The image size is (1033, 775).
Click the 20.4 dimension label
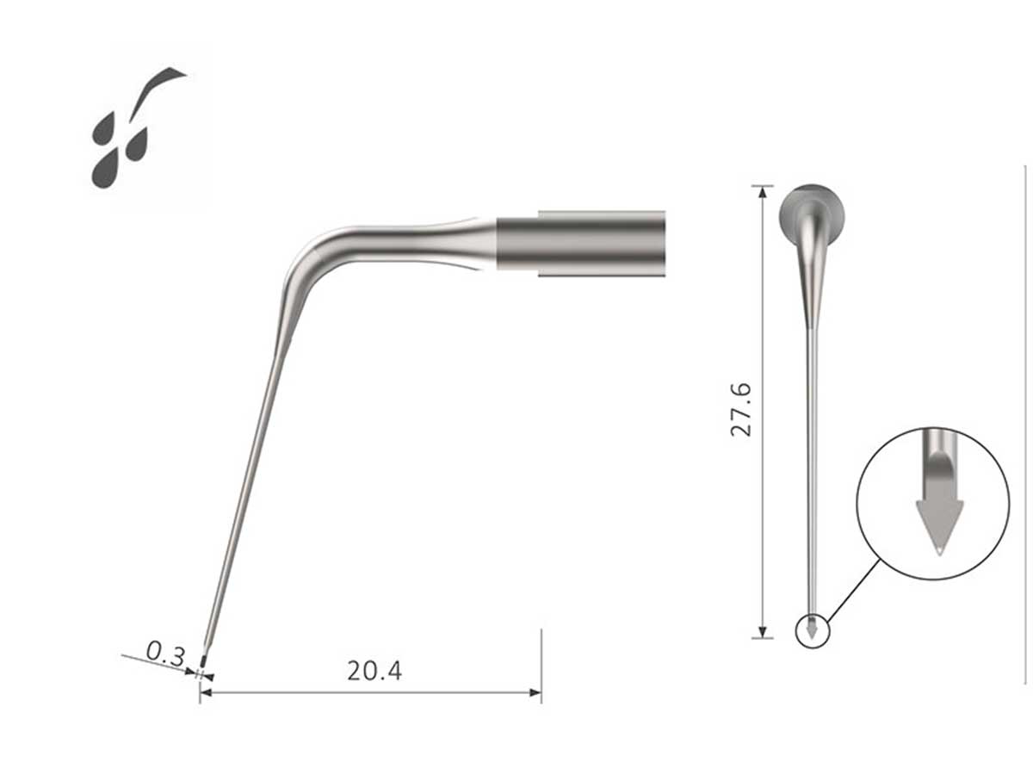[374, 671]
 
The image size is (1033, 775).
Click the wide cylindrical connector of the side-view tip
[581, 243]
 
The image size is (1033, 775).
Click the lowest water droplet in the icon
[105, 170]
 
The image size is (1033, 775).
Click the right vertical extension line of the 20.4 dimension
[541, 663]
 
